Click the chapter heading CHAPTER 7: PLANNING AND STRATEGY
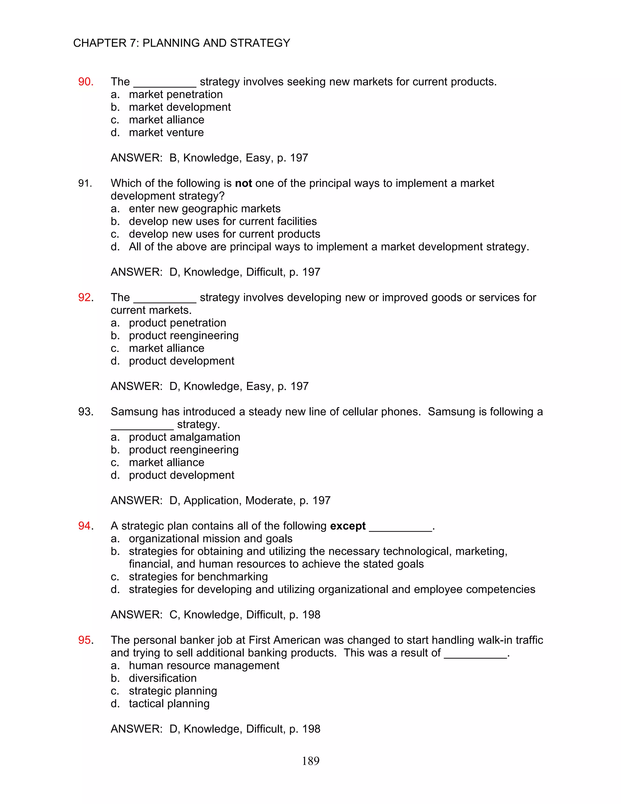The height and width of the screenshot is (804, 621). click(181, 43)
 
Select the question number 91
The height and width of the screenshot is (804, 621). click(85, 183)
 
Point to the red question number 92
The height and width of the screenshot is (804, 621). click(85, 297)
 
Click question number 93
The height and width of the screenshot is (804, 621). click(86, 412)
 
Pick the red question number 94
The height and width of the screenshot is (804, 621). click(85, 526)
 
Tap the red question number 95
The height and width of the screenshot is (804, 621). click(85, 640)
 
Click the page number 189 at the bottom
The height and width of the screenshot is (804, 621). click(310, 761)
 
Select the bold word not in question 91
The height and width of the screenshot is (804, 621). click(243, 183)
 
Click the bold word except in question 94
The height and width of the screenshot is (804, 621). click(348, 526)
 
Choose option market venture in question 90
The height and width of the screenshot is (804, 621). click(166, 133)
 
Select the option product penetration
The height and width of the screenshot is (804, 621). click(177, 323)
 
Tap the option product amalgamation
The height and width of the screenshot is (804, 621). click(184, 437)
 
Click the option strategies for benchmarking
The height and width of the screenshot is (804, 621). click(198, 576)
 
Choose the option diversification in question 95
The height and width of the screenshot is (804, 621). click(163, 678)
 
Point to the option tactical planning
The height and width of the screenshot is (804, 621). click(169, 704)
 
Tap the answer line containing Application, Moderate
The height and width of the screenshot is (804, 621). click(220, 500)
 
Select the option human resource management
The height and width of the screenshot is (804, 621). click(204, 665)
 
